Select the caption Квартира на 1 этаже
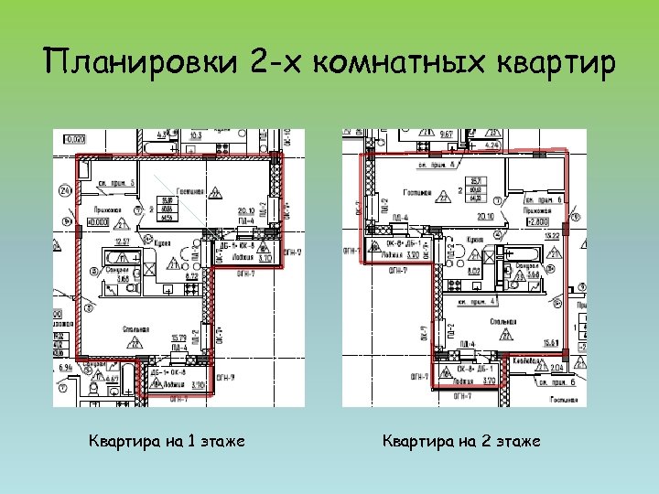click(x=166, y=442)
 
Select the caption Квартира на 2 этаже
click(x=461, y=442)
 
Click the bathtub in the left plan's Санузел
click(x=114, y=258)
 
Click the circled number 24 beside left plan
click(x=64, y=191)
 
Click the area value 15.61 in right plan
click(x=553, y=342)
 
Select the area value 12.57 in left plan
click(x=119, y=241)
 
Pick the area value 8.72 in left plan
click(x=193, y=275)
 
